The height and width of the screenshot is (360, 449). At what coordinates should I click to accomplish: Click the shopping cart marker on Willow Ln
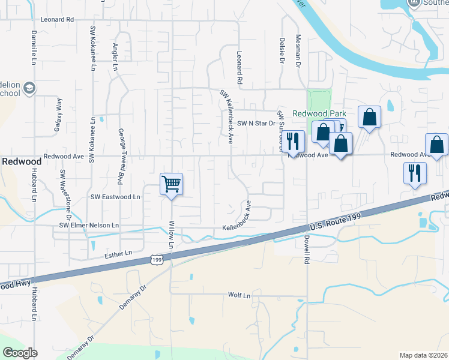point(172,184)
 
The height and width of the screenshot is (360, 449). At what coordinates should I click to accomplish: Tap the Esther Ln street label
point(118,254)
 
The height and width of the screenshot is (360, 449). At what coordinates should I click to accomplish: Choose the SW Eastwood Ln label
point(115,196)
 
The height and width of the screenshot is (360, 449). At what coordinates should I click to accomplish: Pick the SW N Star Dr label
point(255,124)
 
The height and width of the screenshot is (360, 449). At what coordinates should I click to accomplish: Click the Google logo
point(20,352)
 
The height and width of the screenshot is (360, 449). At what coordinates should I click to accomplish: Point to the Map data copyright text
point(424,355)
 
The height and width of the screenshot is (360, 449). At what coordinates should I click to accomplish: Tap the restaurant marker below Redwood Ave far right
point(415,173)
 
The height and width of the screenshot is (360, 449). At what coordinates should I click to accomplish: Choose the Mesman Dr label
point(298,52)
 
